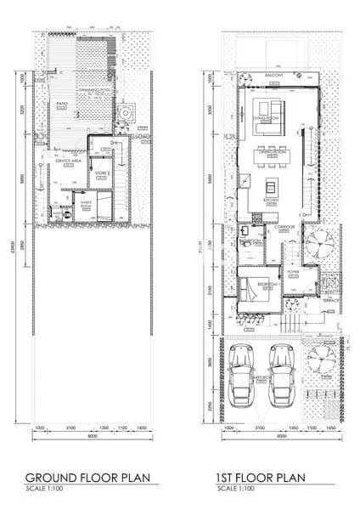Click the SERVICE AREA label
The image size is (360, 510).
(68, 160)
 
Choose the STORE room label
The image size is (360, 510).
(101, 173)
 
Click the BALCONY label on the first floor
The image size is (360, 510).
(273, 75)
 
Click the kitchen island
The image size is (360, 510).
(272, 188)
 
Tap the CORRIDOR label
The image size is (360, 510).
(284, 228)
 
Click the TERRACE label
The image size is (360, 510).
(330, 300)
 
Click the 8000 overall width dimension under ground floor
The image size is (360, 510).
(92, 436)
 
